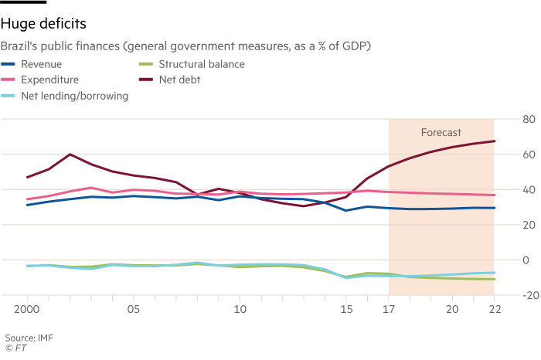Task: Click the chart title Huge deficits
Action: [42, 24]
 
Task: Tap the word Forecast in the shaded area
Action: [441, 133]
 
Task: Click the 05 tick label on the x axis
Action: [134, 310]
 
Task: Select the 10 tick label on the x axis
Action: [240, 310]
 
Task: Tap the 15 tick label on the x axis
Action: [346, 310]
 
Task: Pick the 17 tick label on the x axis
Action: [388, 310]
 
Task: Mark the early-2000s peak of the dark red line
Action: [70, 155]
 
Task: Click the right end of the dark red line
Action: [494, 141]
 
